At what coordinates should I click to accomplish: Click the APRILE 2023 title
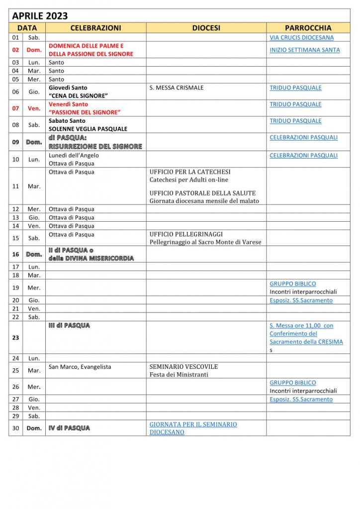pyautogui.click(x=40, y=16)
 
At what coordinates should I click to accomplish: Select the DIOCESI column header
pyautogui.click(x=206, y=28)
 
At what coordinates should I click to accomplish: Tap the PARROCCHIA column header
pyautogui.click(x=308, y=28)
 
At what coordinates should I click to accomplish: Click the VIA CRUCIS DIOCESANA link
pyautogui.click(x=301, y=37)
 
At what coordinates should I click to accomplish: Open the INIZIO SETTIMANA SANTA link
pyautogui.click(x=305, y=50)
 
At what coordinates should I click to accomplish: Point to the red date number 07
pyautogui.click(x=15, y=108)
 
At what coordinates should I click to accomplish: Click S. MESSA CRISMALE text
pyautogui.click(x=177, y=88)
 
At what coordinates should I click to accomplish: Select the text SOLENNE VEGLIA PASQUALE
pyautogui.click(x=88, y=129)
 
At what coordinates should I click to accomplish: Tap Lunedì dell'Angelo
pyautogui.click(x=74, y=156)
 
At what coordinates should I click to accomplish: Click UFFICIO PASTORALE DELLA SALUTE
pyautogui.click(x=202, y=193)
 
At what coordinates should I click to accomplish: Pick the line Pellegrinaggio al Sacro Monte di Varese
pyautogui.click(x=205, y=242)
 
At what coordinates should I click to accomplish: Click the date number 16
pyautogui.click(x=15, y=254)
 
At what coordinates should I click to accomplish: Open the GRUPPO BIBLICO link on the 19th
pyautogui.click(x=292, y=284)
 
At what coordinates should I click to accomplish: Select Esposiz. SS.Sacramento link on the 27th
pyautogui.click(x=301, y=399)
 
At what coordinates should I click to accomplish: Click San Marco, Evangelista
pyautogui.click(x=80, y=367)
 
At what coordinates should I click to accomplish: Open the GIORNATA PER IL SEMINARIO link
pyautogui.click(x=193, y=424)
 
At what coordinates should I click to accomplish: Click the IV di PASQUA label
pyautogui.click(x=69, y=428)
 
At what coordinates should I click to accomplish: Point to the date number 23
pyautogui.click(x=15, y=338)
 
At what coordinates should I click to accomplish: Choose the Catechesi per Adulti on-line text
pyautogui.click(x=189, y=180)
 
